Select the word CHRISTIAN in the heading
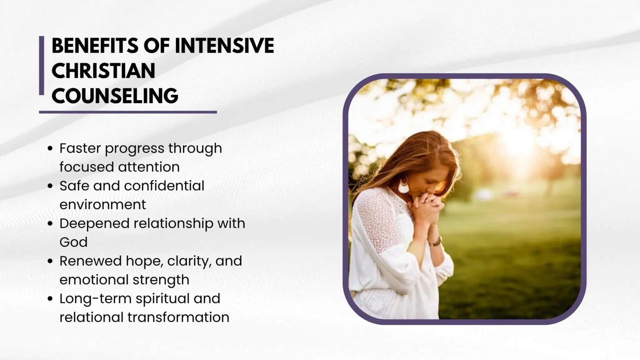tap(103, 71)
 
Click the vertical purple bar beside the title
tap(42, 65)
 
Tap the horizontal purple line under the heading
tap(128, 112)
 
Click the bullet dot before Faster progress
tap(50, 149)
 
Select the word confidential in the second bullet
tap(164, 186)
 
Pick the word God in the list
tap(73, 242)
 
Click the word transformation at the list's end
tap(178, 317)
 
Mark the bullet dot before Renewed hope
tap(50, 261)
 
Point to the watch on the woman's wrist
tap(436, 241)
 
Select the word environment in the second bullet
tap(102, 205)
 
